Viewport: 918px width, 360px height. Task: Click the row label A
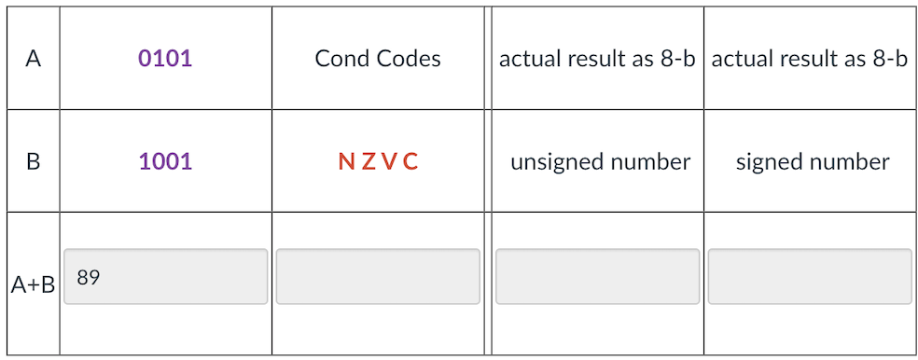(34, 60)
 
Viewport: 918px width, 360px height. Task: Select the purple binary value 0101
(164, 59)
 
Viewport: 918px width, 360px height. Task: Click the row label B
(34, 161)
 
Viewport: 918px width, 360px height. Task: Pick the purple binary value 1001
(164, 161)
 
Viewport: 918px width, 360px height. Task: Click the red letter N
(346, 161)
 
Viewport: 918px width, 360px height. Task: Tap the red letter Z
(368, 161)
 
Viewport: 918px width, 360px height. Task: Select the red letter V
(388, 161)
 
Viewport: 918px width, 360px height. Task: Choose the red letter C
(410, 161)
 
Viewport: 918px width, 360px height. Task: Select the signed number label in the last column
(812, 161)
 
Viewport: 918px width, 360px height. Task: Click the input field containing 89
(165, 276)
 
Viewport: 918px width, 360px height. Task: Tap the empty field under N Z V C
(378, 276)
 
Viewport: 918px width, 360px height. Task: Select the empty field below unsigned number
(597, 276)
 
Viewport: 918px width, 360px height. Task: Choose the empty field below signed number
(809, 276)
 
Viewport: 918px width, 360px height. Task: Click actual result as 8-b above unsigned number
(597, 59)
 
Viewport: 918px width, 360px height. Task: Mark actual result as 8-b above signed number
(809, 59)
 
